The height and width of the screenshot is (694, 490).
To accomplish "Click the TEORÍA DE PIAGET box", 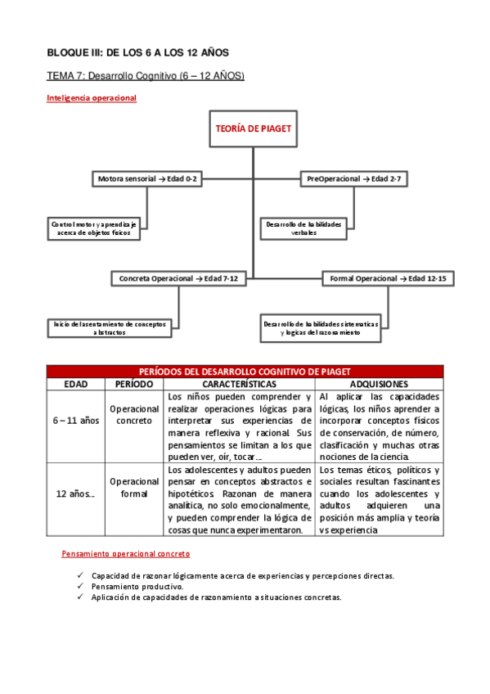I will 253,129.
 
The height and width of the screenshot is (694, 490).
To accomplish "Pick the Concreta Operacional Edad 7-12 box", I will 178,279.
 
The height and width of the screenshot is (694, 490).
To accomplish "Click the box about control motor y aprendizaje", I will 95,228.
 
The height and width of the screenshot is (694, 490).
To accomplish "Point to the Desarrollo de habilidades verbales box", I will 303,228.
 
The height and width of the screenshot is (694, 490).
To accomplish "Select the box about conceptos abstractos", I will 110,328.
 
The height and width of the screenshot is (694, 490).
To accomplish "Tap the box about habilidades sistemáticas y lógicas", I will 320,328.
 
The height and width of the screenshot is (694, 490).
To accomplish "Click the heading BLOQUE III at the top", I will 137,52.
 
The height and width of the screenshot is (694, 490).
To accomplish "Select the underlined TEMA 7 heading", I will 146,76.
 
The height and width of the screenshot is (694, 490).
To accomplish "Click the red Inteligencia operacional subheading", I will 91,98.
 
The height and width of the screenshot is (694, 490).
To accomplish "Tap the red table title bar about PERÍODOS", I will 245,372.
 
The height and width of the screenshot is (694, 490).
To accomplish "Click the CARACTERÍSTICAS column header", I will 239,383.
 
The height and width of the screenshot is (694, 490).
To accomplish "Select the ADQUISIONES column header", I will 379,383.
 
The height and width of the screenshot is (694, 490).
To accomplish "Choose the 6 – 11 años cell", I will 74,421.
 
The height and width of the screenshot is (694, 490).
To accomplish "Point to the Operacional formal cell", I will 134,488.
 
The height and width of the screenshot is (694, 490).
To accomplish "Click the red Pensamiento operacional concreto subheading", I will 125,554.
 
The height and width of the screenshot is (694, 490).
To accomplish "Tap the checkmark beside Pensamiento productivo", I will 80,587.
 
